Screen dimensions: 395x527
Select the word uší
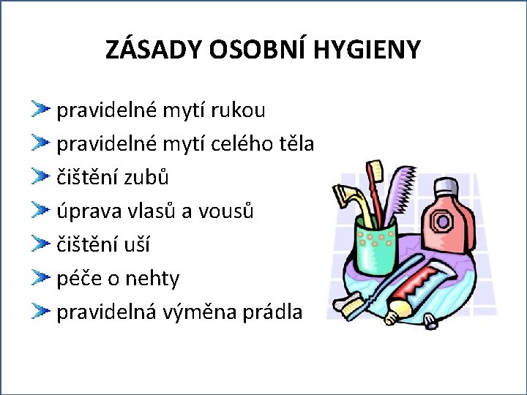pos(137,245)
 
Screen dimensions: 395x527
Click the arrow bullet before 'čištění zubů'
pos(40,178)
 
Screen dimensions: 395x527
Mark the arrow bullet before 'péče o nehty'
pos(40,279)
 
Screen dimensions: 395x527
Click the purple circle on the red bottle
pos(443,221)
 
